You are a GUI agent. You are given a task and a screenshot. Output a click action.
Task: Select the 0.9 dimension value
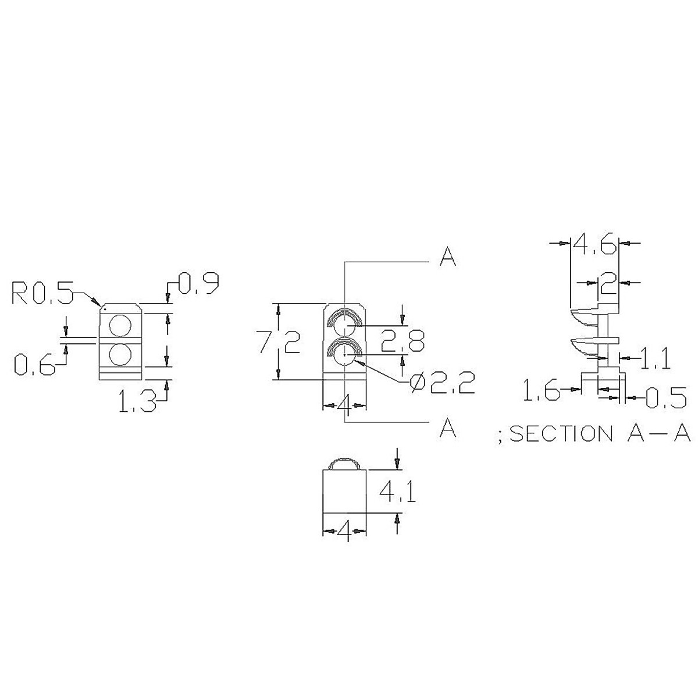[198, 284]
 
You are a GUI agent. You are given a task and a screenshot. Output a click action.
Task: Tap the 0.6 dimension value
[34, 365]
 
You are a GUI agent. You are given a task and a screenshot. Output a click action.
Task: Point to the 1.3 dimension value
[137, 401]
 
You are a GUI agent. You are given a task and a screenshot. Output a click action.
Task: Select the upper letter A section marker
[447, 257]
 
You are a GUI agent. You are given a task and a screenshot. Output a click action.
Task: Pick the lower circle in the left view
[120, 354]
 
